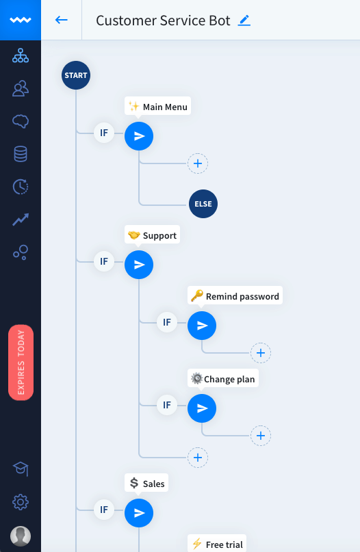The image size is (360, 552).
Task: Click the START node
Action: click(76, 75)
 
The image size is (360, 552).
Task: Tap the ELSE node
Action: click(203, 204)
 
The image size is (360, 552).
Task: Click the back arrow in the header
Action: click(62, 20)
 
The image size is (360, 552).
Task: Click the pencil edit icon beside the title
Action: click(244, 21)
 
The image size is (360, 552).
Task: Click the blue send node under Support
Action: click(139, 265)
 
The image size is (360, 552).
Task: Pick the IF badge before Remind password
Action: click(167, 322)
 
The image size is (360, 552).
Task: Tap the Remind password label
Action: click(235, 296)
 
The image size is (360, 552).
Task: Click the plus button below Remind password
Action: click(261, 353)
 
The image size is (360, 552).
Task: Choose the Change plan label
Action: click(223, 379)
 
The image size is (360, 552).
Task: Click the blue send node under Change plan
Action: click(202, 408)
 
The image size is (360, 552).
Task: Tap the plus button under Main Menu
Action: click(198, 163)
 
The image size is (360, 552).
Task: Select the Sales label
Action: click(146, 484)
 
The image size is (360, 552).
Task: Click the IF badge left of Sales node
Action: click(104, 510)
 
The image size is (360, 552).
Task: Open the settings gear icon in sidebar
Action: click(21, 502)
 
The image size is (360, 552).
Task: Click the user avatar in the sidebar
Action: click(21, 536)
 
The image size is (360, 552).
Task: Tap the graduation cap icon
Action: click(21, 469)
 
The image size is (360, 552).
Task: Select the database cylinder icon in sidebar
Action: click(21, 154)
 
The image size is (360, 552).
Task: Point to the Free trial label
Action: click(217, 544)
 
